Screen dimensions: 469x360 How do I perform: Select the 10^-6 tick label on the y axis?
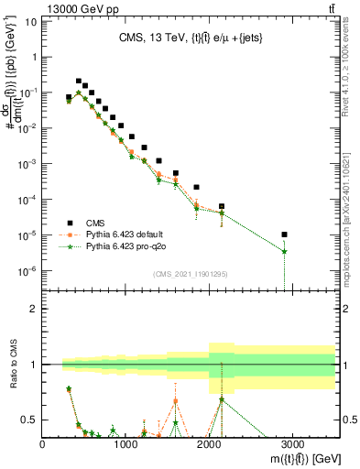(27, 271)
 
